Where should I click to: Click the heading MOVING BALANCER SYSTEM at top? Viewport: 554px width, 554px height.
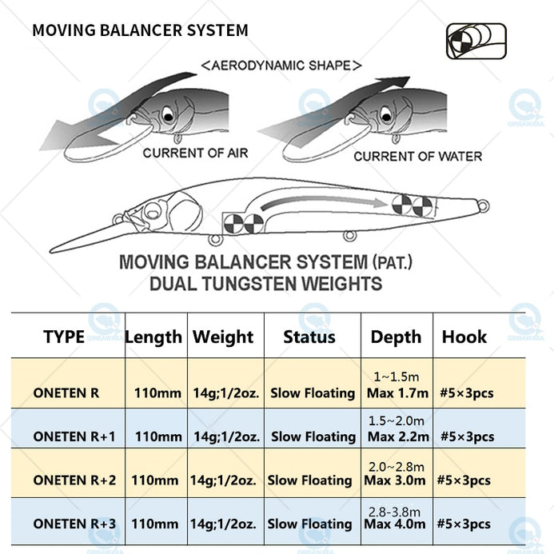[x=140, y=30]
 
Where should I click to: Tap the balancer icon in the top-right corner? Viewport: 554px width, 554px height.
[x=476, y=41]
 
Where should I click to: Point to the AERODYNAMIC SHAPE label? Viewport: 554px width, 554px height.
[x=281, y=66]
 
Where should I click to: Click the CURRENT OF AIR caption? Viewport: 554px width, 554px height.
[x=195, y=153]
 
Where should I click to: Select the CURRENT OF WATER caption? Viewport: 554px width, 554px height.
[x=418, y=156]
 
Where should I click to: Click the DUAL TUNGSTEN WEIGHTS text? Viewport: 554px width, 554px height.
[x=265, y=283]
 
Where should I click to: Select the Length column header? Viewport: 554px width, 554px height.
[x=153, y=337]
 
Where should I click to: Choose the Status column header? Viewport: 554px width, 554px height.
[x=309, y=337]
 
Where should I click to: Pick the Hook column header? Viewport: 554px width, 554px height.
[x=464, y=337]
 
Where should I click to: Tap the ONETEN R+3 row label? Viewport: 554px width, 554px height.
[x=75, y=524]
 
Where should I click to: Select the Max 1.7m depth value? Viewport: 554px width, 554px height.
[x=398, y=393]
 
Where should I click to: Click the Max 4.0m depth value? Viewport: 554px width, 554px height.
[x=397, y=524]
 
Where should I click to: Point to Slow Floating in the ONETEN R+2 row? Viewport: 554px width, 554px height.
[x=309, y=480]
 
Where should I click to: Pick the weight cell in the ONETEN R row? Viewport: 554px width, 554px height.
[x=225, y=393]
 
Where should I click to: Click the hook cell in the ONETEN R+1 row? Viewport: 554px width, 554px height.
[x=466, y=436]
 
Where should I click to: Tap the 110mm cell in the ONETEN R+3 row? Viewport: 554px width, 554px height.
[x=156, y=524]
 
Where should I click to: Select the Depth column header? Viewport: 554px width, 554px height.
[x=396, y=337]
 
